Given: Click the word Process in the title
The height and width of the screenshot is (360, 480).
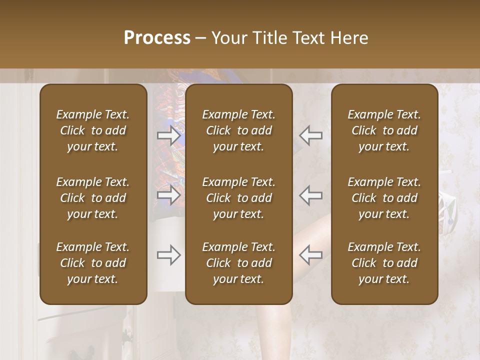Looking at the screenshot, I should click(157, 38).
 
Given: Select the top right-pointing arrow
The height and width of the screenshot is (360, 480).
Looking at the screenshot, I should click(168, 135).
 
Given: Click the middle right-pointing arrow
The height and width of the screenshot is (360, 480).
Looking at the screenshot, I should click(168, 195).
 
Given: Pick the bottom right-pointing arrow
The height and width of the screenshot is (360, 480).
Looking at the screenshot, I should click(168, 255).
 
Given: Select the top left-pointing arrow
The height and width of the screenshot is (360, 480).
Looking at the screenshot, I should click(310, 135).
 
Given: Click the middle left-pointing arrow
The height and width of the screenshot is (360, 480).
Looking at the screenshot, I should click(310, 195).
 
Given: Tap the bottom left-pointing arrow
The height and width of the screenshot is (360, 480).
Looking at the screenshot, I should click(310, 255).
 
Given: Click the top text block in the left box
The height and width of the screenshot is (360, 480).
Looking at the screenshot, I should click(93, 130).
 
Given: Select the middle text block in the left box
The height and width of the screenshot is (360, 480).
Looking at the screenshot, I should click(93, 198).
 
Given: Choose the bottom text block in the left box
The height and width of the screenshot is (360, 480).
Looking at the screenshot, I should click(93, 263).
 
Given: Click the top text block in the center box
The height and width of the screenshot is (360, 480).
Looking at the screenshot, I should click(238, 130).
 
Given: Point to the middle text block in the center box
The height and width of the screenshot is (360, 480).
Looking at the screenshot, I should click(238, 198).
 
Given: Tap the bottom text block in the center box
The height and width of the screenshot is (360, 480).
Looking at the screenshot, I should click(238, 263).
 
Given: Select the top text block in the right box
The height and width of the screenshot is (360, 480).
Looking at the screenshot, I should click(384, 130).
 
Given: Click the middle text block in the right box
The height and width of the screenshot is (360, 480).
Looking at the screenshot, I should click(384, 198).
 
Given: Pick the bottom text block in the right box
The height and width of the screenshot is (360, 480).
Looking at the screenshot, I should click(384, 263).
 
